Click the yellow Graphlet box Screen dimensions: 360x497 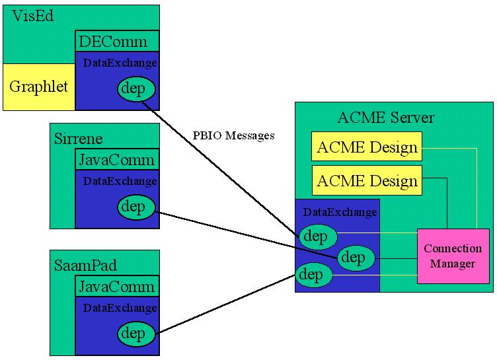click(38, 87)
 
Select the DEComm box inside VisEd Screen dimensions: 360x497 click(118, 42)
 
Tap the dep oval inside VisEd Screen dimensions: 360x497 click(137, 89)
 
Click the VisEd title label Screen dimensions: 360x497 click(33, 17)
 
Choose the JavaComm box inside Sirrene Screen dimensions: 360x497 click(117, 159)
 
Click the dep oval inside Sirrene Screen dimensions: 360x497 click(136, 207)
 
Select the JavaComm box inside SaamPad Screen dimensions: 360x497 click(117, 286)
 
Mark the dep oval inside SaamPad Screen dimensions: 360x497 click(136, 334)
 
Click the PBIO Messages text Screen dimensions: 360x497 click(233, 136)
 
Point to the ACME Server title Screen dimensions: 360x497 click(385, 118)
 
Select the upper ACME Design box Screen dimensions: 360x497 click(367, 147)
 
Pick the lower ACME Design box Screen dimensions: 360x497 click(367, 180)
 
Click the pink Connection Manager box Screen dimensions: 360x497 click(453, 256)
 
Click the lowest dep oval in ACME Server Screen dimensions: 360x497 click(314, 274)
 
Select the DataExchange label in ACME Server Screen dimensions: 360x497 click(340, 212)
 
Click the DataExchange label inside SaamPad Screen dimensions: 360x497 click(120, 308)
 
